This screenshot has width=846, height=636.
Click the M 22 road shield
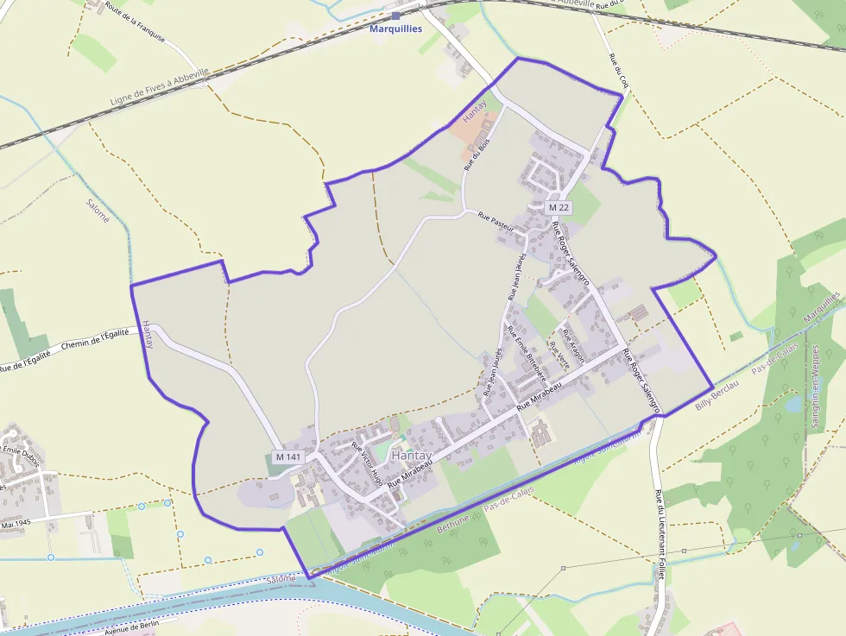click(x=559, y=208)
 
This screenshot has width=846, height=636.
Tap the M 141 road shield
click(x=287, y=457)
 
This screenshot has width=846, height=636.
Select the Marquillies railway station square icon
click(x=395, y=16)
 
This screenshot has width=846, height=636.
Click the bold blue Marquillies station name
click(x=395, y=28)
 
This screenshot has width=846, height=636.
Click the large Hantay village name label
click(x=411, y=455)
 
